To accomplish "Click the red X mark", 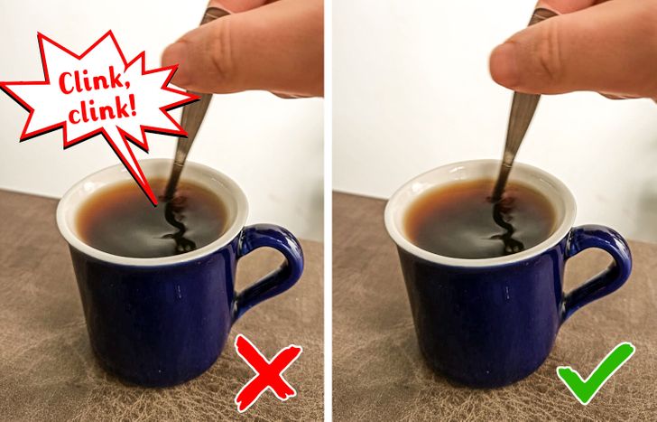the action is click(x=267, y=372).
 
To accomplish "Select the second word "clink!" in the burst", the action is click(x=103, y=111).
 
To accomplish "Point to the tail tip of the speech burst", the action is click(x=157, y=204).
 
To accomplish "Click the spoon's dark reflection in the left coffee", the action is click(x=178, y=224).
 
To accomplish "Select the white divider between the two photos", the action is click(x=328, y=211).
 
